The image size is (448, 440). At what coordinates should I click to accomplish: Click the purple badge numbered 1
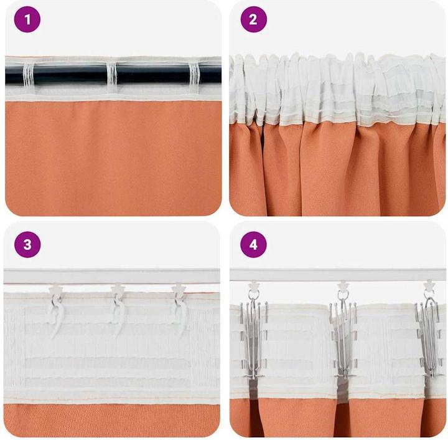(27, 19)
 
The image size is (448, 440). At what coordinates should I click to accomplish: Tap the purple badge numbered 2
(253, 19)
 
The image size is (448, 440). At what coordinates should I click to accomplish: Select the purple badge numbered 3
(27, 244)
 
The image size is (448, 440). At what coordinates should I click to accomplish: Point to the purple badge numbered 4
(253, 244)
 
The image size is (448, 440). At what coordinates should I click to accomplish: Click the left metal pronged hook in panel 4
(254, 338)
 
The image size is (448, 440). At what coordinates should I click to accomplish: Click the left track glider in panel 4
(253, 287)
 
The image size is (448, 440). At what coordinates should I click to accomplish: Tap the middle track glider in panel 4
(342, 287)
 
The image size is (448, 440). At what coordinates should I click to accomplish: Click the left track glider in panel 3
(56, 290)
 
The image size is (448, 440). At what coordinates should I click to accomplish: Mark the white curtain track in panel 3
(112, 276)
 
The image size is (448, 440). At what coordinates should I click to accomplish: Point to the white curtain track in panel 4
(338, 275)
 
